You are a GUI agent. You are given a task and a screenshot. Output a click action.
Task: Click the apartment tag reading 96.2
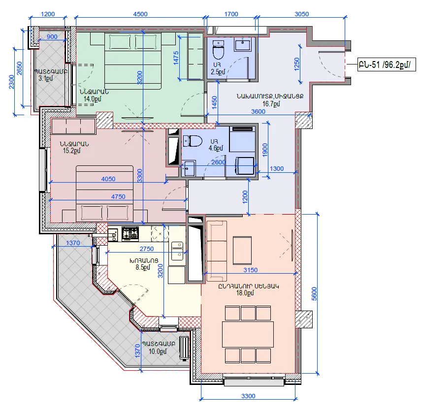387,64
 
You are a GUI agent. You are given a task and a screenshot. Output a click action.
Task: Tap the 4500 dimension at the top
140,14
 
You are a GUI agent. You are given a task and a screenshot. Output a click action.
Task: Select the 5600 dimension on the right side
315,294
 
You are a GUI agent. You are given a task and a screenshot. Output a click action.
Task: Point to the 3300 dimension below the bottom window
248,396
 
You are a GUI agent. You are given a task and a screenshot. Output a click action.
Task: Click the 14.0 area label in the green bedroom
92,99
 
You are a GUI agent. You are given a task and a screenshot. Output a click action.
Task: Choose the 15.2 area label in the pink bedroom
72,151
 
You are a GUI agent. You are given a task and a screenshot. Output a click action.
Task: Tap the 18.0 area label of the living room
245,293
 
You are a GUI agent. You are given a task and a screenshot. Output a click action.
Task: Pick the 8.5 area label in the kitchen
143,267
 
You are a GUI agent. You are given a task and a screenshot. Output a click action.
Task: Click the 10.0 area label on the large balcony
158,351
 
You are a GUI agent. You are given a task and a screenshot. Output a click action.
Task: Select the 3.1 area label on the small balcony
46,78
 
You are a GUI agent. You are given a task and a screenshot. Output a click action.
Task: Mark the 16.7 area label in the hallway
271,103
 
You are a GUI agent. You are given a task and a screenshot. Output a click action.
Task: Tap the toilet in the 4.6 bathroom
193,141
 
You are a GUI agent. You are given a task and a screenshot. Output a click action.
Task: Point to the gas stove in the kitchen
130,233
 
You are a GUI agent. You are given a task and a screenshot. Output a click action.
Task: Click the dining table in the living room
248,334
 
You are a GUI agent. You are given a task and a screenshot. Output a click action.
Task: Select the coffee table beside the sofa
242,251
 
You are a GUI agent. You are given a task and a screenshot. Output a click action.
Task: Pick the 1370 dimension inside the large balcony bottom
137,351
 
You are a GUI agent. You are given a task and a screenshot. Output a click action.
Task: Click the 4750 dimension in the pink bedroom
118,196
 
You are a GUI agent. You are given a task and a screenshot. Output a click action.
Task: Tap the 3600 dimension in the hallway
258,111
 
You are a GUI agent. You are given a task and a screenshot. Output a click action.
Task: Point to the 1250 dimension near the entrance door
297,64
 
